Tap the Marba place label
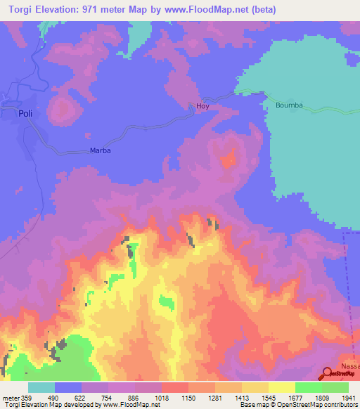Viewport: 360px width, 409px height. point(101,150)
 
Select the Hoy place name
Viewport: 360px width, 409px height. point(202,107)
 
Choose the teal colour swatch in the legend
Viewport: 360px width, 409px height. point(41,387)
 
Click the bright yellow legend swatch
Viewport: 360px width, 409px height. point(281,387)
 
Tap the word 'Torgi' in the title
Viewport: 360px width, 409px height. point(18,10)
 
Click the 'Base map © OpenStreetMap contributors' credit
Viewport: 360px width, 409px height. point(297,405)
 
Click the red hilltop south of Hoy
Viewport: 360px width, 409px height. point(229,160)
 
